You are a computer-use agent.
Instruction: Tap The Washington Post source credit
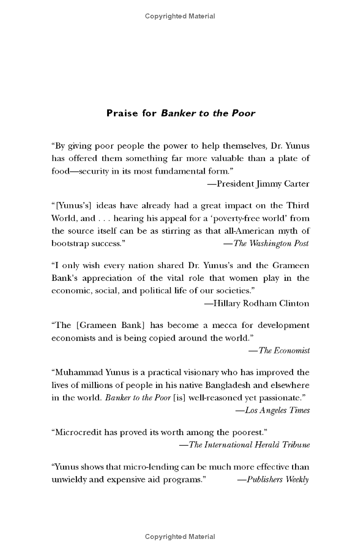pos(266,243)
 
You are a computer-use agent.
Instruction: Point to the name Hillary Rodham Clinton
pos(256,303)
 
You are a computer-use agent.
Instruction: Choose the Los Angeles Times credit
pos(273,410)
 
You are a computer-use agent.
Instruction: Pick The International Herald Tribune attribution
pos(244,445)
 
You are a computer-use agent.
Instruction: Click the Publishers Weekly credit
pos(273,480)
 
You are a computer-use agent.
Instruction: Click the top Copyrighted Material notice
pos(180,16)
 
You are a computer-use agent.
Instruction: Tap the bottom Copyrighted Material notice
pos(180,537)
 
